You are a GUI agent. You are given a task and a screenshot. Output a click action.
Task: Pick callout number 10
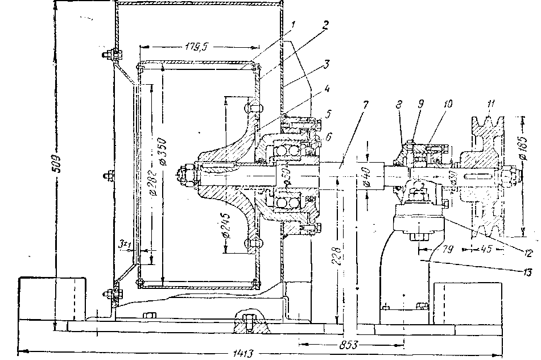(x=448, y=105)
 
